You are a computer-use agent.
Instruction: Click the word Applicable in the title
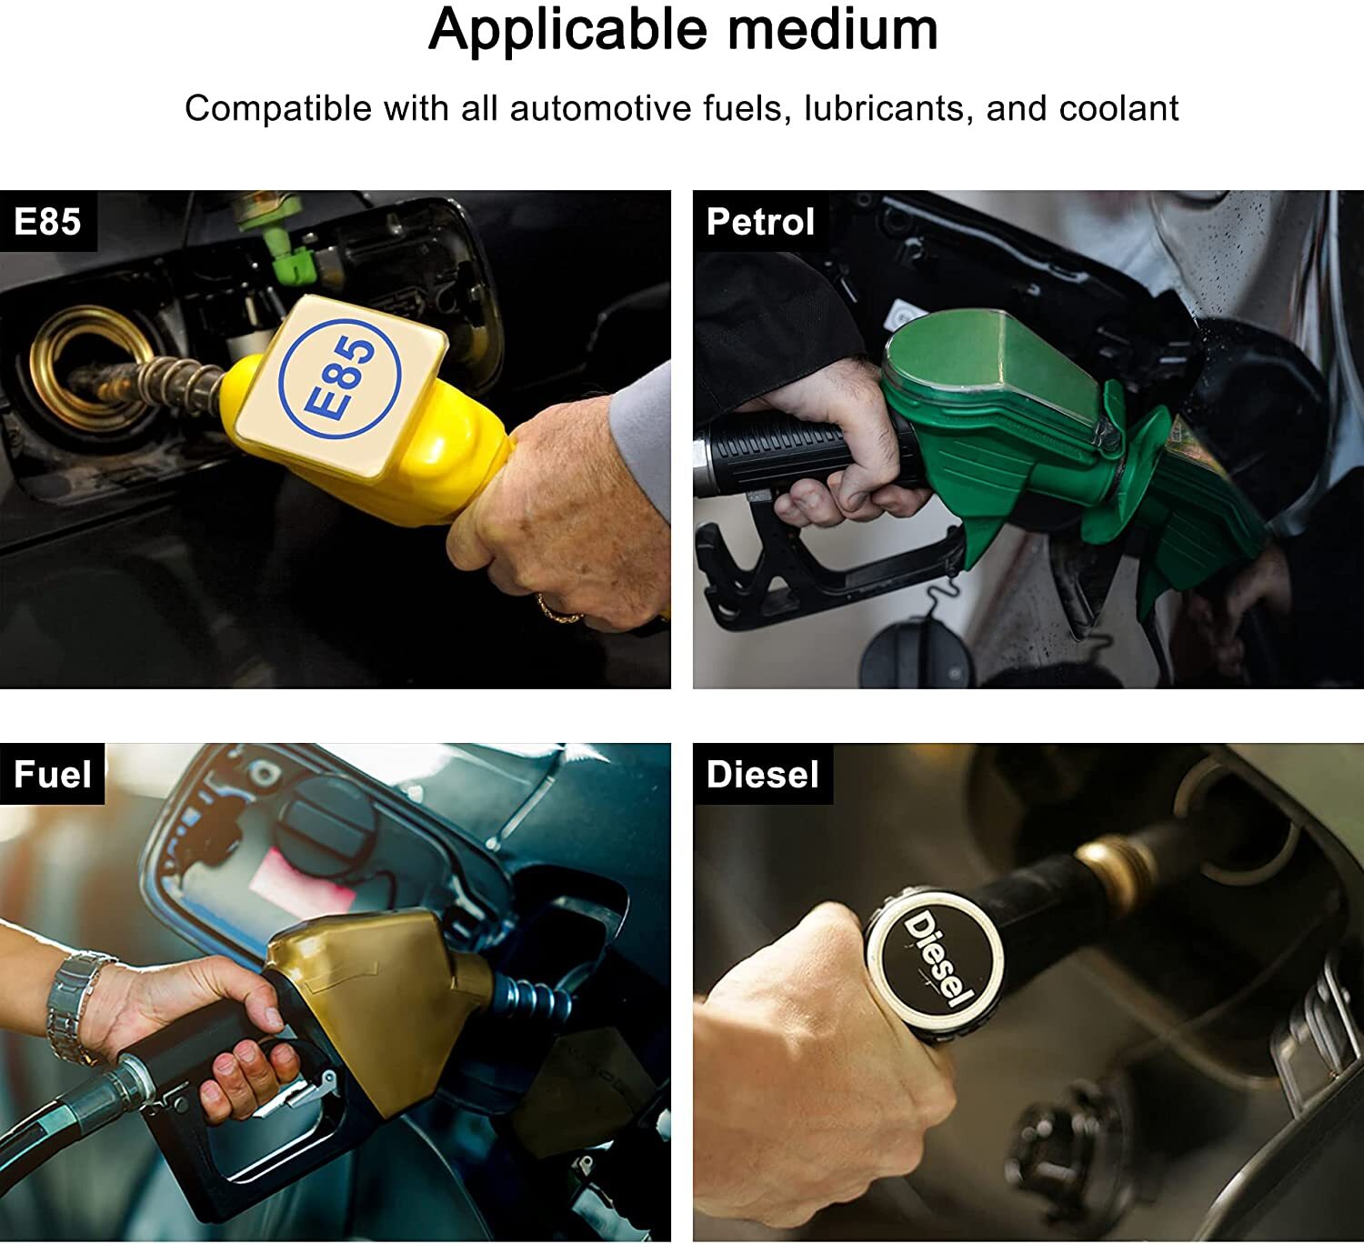[568, 30]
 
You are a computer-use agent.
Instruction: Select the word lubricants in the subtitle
[885, 108]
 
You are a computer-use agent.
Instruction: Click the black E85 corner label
[47, 221]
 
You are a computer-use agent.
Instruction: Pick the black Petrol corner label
[760, 221]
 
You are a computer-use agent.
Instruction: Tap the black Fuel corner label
[53, 773]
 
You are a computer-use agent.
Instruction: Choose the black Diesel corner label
[762, 773]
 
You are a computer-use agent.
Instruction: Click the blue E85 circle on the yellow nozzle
[340, 378]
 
